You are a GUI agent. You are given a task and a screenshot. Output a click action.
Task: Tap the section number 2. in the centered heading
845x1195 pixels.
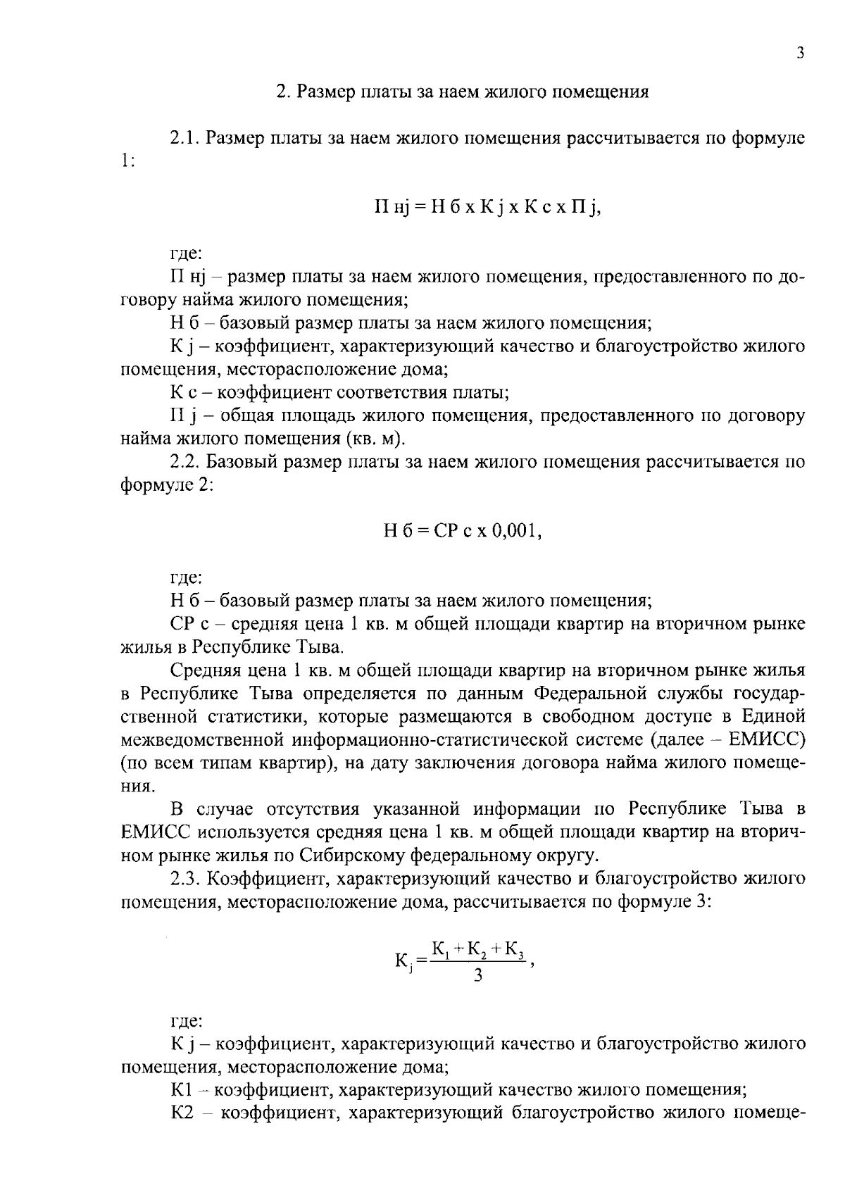(x=282, y=92)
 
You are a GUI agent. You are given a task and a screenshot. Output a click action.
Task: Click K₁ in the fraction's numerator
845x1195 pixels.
(x=441, y=949)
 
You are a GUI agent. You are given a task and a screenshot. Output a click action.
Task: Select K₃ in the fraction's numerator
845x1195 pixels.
(x=512, y=949)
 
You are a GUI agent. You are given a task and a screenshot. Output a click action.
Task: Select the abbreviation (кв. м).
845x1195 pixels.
(x=375, y=439)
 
